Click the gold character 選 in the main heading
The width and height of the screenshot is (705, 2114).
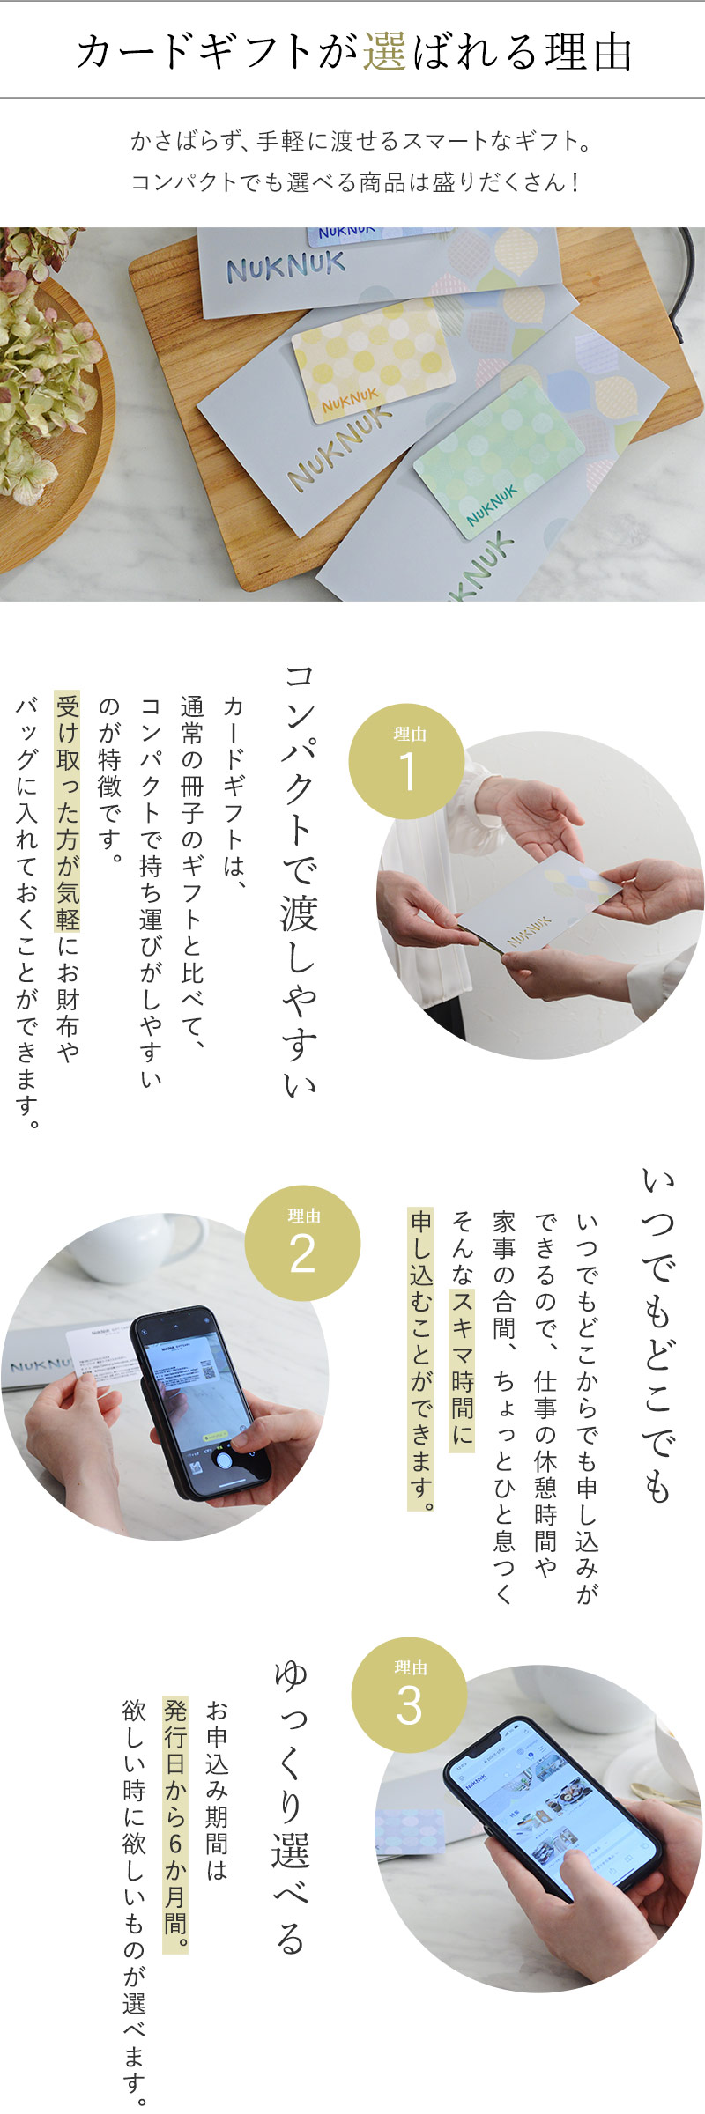pyautogui.click(x=384, y=52)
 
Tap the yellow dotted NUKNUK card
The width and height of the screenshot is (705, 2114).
pyautogui.click(x=374, y=360)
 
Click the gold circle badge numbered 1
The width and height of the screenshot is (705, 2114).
pyautogui.click(x=406, y=761)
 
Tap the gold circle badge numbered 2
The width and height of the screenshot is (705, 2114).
pyautogui.click(x=302, y=1243)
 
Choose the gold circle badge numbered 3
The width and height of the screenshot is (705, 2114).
pyautogui.click(x=409, y=1696)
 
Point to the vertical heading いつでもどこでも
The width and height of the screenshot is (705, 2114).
pyautogui.click(x=657, y=1335)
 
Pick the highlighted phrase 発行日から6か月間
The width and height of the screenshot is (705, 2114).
pyautogui.click(x=175, y=1824)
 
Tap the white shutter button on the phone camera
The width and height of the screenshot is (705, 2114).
pyautogui.click(x=224, y=1460)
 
